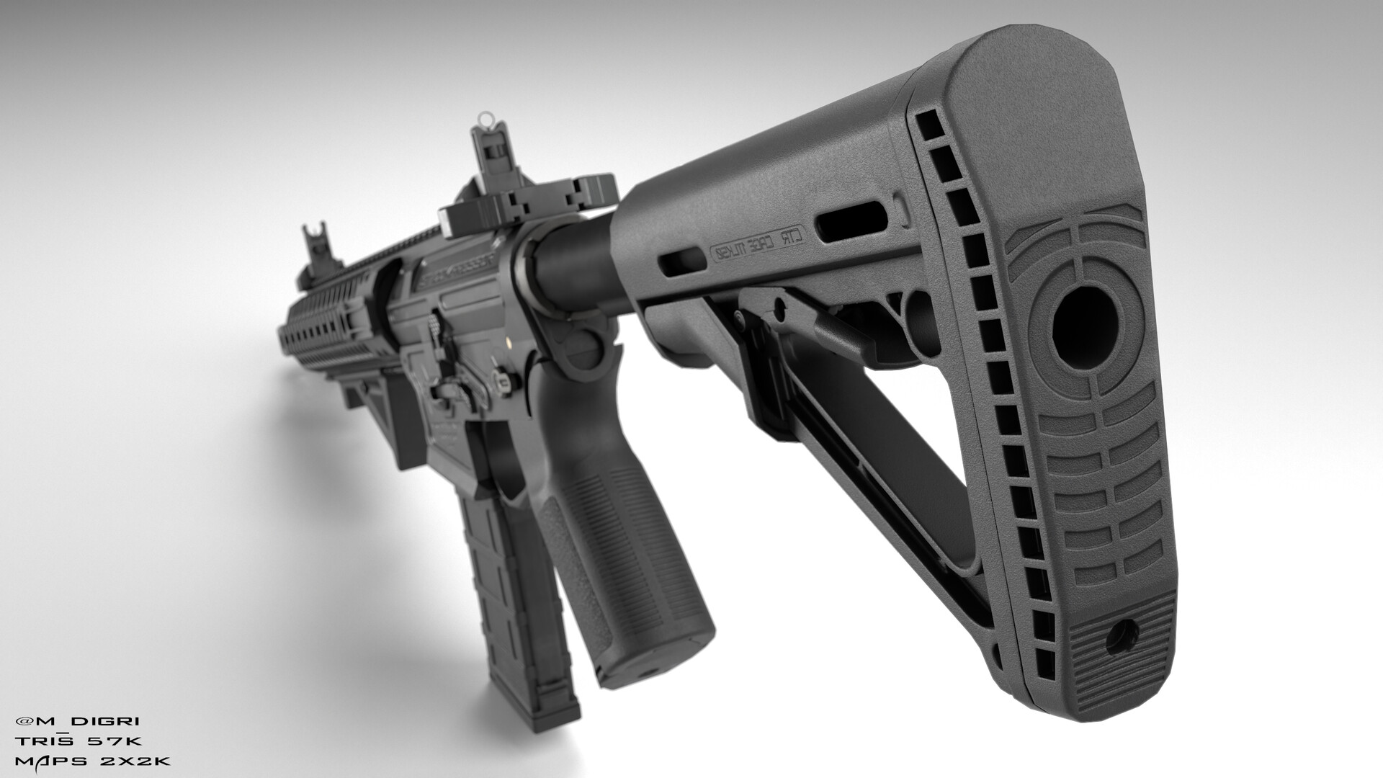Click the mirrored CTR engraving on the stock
pyautogui.click(x=763, y=247)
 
